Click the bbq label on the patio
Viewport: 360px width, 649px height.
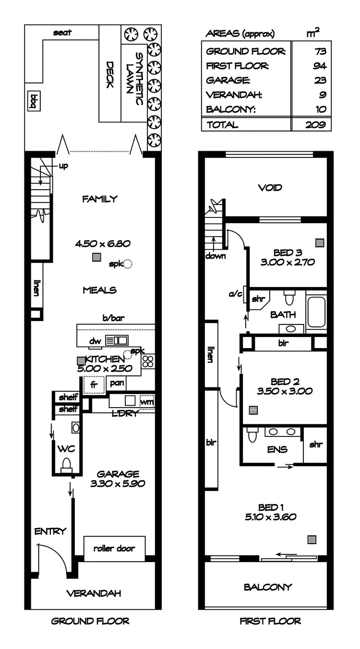(x=34, y=102)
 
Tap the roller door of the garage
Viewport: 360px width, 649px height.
(x=114, y=548)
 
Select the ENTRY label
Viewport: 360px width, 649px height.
(x=50, y=531)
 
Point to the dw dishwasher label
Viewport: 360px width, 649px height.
(x=95, y=341)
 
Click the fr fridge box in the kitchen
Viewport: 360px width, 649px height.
(x=94, y=385)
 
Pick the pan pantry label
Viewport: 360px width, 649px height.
(x=116, y=383)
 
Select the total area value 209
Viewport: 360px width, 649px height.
(x=315, y=124)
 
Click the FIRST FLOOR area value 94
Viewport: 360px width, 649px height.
(x=320, y=66)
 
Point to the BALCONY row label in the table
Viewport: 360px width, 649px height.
(x=231, y=109)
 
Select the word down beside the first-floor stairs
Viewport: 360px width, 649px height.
(x=216, y=256)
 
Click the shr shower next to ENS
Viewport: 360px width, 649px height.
(x=315, y=445)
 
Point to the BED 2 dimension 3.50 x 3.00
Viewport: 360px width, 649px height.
(x=285, y=391)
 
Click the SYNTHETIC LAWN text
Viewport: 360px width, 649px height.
(x=134, y=79)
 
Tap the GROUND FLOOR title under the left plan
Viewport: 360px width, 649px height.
(x=90, y=621)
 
